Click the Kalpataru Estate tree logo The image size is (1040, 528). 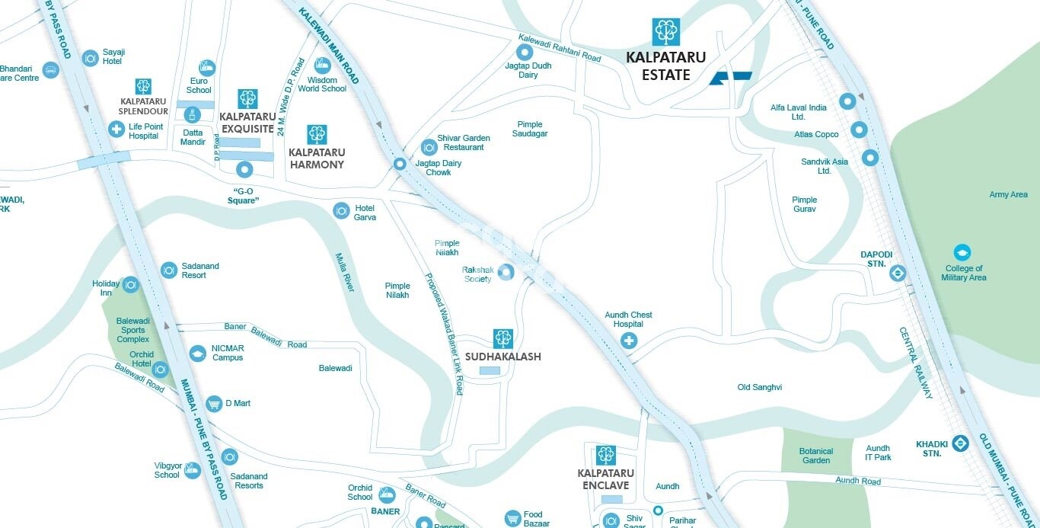click(x=666, y=31)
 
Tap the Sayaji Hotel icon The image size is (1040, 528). click(x=90, y=57)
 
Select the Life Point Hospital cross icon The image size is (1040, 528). click(x=116, y=129)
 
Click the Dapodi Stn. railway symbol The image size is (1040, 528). click(x=898, y=274)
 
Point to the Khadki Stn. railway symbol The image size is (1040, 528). click(x=959, y=443)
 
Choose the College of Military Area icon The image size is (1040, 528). click(x=963, y=252)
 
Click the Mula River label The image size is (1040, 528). click(x=345, y=272)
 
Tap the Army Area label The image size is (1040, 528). click(x=1008, y=194)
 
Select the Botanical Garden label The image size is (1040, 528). click(x=815, y=456)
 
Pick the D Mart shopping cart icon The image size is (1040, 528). click(x=214, y=403)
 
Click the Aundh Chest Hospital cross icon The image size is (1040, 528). click(x=629, y=341)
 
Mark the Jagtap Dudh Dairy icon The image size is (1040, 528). click(x=525, y=53)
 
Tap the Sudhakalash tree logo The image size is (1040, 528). click(x=502, y=338)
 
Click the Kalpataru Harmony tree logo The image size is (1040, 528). click(x=317, y=135)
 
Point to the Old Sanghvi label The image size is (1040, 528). click(x=759, y=387)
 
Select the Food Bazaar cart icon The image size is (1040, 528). click(x=512, y=519)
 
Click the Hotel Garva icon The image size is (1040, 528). click(x=341, y=210)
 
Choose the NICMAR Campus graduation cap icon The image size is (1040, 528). click(x=198, y=353)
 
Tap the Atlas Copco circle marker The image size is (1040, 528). click(x=859, y=130)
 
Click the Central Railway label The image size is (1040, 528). click(x=915, y=363)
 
